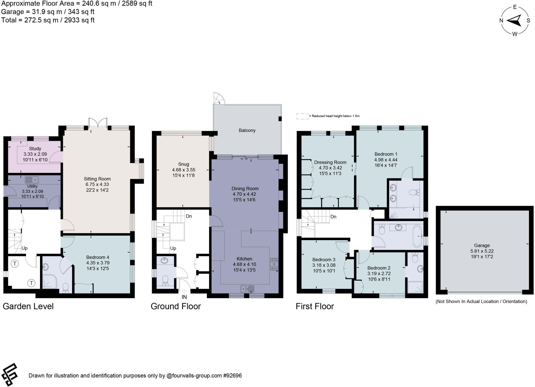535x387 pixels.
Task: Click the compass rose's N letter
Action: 501,21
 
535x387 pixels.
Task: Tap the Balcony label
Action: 247,130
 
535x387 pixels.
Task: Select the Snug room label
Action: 183,164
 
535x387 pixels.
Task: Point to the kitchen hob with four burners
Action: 274,264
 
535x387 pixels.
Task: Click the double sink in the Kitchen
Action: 247,289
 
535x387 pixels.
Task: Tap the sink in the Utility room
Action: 32,180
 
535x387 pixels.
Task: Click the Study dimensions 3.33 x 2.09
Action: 35,154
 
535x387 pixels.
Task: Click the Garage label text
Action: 482,245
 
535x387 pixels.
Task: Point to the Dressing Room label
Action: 330,162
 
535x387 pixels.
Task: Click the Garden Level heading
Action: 28,306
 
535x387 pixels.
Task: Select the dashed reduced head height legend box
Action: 302,116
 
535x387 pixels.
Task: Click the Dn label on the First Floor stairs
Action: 333,217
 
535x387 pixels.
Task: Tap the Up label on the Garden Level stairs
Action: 24,248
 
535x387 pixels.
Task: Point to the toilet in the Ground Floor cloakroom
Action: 165,280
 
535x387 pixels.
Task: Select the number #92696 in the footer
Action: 232,376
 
